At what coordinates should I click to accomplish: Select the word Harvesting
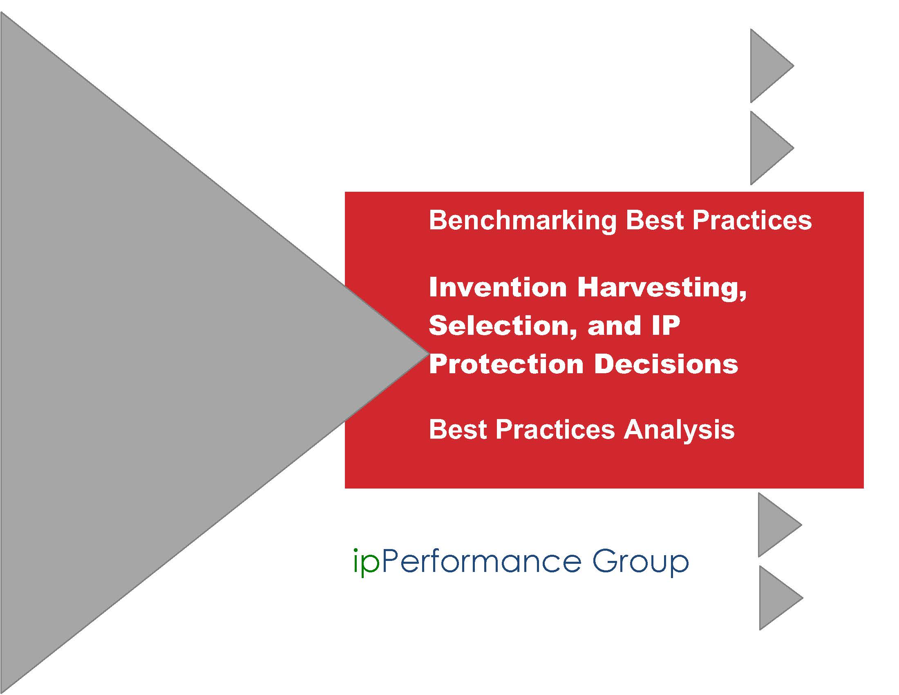[x=662, y=288]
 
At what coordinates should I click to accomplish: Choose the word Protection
[x=506, y=364]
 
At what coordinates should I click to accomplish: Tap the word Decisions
[x=666, y=364]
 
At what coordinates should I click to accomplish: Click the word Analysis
[x=679, y=430]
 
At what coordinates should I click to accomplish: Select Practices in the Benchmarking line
[x=751, y=220]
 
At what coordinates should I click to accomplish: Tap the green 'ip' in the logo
[x=366, y=563]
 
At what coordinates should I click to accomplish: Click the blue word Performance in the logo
[x=482, y=561]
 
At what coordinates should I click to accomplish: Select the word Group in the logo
[x=640, y=563]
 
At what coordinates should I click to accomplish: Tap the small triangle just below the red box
[x=780, y=525]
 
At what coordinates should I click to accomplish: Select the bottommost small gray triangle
[x=780, y=598]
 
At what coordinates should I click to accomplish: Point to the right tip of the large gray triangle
[x=428, y=352]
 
